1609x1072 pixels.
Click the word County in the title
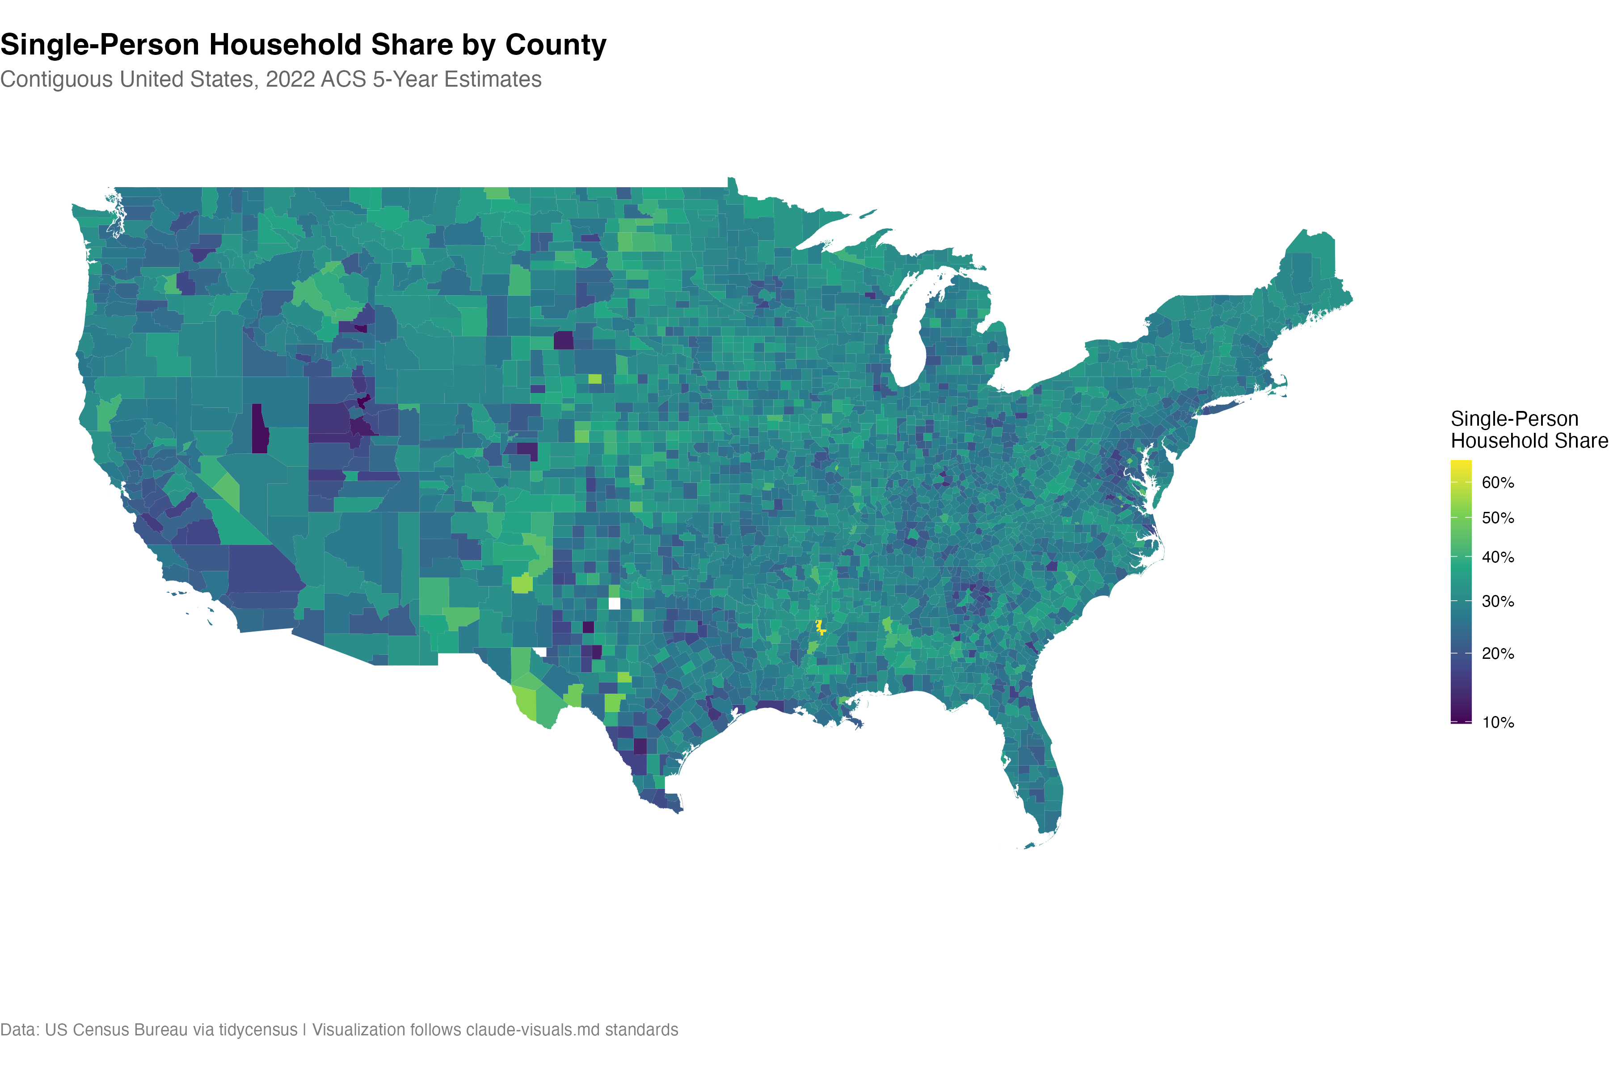click(556, 45)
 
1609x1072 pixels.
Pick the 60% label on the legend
click(1498, 483)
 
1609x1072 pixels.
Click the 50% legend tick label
click(1498, 518)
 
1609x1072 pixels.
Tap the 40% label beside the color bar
click(1498, 557)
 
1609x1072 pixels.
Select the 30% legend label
click(1498, 602)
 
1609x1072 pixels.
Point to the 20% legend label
click(1498, 653)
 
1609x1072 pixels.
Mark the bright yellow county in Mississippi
click(820, 626)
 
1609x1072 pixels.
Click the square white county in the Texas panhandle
click(614, 603)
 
